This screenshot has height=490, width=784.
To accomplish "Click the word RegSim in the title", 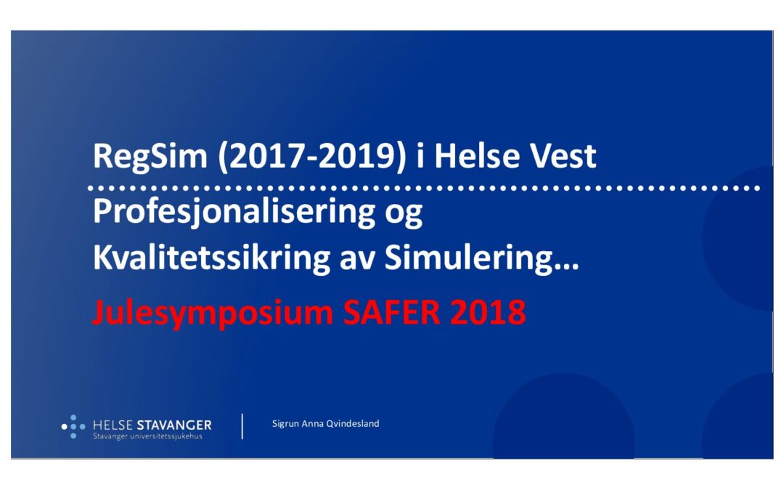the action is (x=150, y=156).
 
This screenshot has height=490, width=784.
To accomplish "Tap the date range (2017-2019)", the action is (x=312, y=156).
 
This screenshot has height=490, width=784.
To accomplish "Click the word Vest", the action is (x=563, y=156).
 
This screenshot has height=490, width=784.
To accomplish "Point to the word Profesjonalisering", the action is (x=234, y=212).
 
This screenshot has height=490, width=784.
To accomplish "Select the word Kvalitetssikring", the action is (x=211, y=258).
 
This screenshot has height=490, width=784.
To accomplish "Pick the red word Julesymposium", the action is (x=213, y=314).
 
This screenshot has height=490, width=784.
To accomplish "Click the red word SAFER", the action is (x=392, y=312).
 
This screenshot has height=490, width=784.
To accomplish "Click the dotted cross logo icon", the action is (x=73, y=427).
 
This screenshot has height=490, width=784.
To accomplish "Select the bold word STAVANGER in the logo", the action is (x=174, y=425).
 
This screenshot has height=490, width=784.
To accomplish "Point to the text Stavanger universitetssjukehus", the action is (x=147, y=436).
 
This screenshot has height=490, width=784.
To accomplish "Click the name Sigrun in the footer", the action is (x=285, y=424).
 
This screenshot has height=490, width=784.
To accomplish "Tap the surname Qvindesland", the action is (x=353, y=423).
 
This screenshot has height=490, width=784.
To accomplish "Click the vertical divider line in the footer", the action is (x=242, y=427).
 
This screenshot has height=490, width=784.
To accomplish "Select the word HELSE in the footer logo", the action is (x=113, y=425).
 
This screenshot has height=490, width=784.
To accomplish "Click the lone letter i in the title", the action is (x=420, y=156).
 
